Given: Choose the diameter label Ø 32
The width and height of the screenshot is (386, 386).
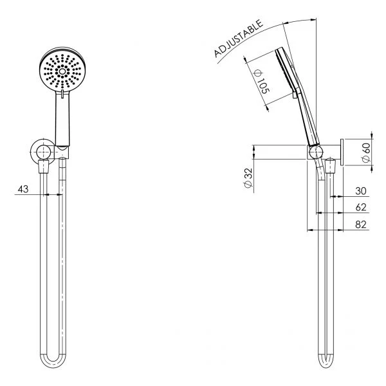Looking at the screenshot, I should pyautogui.click(x=246, y=178).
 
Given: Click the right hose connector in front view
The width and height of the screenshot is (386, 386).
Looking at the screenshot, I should pyautogui.click(x=63, y=168).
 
